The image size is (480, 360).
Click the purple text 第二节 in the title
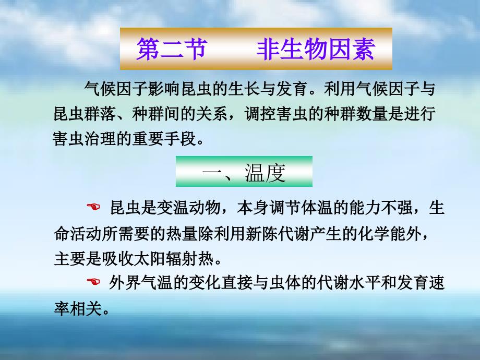[172, 49]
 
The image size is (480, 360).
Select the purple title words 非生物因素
[316, 49]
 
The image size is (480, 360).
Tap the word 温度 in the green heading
[265, 173]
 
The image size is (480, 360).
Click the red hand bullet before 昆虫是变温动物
[93, 207]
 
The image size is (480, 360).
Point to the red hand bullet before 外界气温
[93, 281]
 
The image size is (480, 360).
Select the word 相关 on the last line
[86, 308]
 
